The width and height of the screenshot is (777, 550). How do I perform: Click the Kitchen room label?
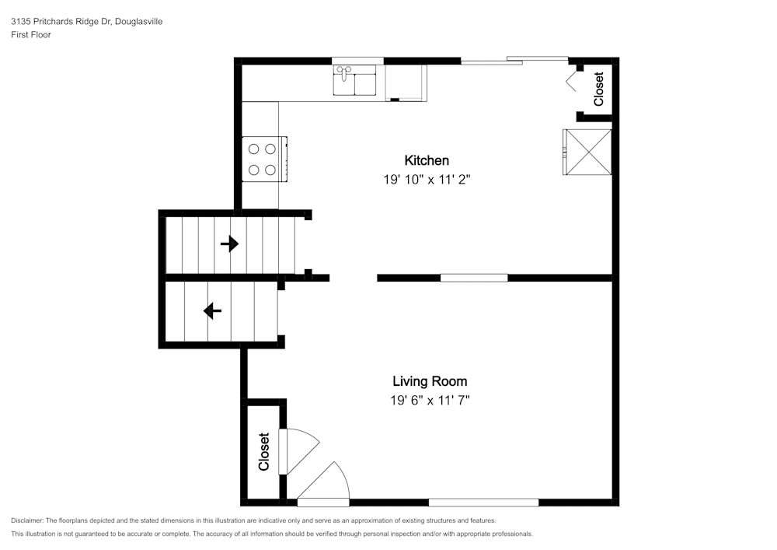click(x=427, y=161)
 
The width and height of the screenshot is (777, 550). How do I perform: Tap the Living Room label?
click(x=430, y=381)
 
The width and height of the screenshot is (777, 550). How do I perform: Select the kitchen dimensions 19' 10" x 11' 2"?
click(x=427, y=180)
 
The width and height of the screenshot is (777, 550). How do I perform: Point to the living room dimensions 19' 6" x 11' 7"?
click(x=430, y=400)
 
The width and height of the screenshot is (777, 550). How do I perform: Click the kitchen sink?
click(x=354, y=80)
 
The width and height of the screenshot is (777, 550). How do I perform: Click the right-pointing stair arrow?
click(x=229, y=243)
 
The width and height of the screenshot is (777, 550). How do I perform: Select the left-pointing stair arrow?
click(x=213, y=311)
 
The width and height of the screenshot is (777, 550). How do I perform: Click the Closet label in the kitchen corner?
click(x=598, y=89)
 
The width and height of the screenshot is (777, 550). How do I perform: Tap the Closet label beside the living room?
click(x=263, y=452)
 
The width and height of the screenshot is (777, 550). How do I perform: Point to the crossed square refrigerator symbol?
click(x=587, y=152)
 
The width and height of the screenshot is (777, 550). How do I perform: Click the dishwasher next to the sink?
click(x=406, y=82)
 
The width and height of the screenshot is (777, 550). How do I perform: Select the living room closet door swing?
click(x=299, y=451)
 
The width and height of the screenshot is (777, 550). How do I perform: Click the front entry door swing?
click(x=323, y=484)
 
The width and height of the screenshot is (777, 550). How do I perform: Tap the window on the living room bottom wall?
click(x=483, y=503)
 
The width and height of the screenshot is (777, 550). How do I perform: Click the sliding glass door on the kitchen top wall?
click(x=514, y=61)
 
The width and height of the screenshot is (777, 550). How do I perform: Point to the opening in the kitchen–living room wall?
click(x=354, y=278)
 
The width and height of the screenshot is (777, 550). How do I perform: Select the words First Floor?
click(x=31, y=35)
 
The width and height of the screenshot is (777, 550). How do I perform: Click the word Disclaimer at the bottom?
click(x=27, y=520)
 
